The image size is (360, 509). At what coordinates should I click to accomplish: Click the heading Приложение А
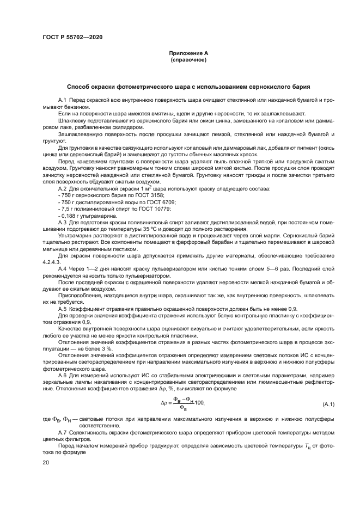(x=188, y=53)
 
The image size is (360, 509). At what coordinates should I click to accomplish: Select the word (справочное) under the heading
(x=188, y=60)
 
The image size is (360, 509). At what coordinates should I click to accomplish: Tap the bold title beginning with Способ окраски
(x=188, y=87)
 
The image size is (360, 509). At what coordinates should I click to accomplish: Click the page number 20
(x=45, y=462)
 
